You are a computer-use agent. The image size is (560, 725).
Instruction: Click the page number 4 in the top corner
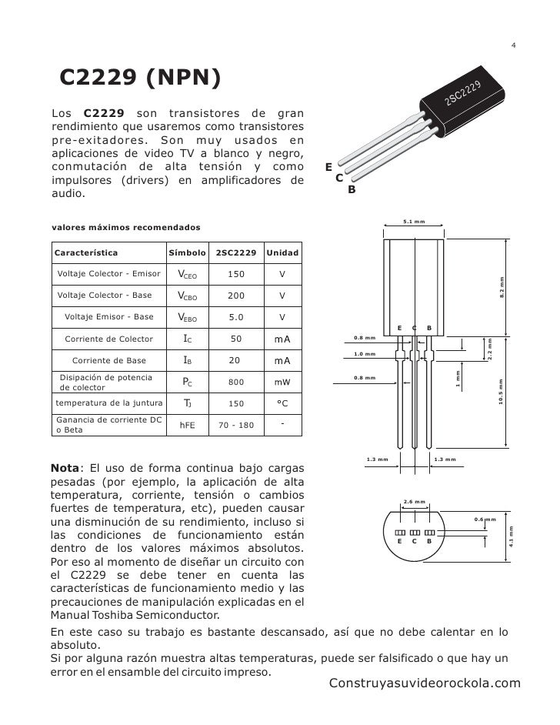513,45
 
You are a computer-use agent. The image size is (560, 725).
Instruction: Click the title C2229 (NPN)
140,78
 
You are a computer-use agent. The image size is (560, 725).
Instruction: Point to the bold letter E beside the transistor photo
328,166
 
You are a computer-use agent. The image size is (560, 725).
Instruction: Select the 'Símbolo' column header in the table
187,252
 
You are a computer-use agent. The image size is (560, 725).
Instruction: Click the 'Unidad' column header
282,252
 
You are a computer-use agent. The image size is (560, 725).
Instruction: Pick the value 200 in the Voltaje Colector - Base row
236,296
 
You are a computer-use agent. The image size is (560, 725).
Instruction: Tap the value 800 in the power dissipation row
236,381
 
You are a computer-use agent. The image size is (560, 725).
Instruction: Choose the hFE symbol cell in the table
187,424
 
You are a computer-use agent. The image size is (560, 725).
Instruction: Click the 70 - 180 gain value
236,424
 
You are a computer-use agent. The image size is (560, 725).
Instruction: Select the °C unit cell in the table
282,403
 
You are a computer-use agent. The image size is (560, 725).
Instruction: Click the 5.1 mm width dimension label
415,222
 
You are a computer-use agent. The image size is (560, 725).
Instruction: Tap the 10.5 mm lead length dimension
502,393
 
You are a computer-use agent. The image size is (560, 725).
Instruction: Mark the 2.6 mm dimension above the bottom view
414,502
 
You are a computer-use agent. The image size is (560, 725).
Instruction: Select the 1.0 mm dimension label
364,354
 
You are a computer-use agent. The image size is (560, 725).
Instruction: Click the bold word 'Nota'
65,467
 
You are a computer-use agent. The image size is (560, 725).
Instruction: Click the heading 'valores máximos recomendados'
125,228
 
